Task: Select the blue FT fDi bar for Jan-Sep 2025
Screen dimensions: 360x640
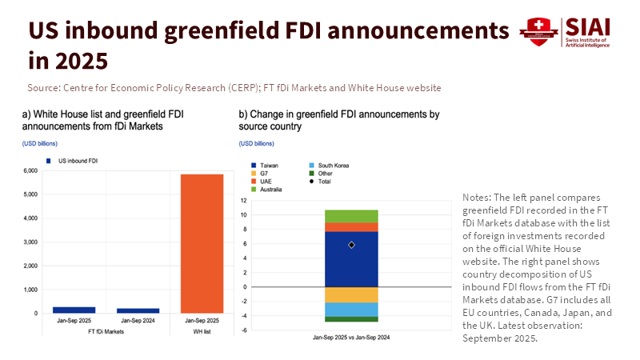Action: (x=73, y=310)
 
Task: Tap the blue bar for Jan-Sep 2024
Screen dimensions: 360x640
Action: (x=138, y=310)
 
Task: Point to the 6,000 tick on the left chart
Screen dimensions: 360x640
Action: (x=30, y=171)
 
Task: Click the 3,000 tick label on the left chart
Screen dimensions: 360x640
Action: (x=30, y=242)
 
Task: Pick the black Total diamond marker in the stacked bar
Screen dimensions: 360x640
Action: (x=351, y=245)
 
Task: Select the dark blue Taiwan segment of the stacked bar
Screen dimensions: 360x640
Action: (x=351, y=259)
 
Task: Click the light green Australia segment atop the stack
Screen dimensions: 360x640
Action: (x=351, y=216)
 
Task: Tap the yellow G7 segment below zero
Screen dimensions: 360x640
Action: (x=351, y=294)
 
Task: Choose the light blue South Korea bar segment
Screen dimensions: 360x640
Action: (x=351, y=310)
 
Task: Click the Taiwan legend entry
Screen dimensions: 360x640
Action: (x=270, y=165)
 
